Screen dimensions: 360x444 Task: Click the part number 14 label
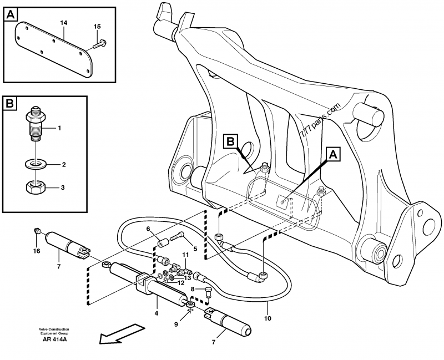coord(63,22)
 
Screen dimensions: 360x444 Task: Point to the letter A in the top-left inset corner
coord(11,14)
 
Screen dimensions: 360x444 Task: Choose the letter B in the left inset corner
coord(11,104)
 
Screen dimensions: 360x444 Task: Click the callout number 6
coord(149,229)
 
